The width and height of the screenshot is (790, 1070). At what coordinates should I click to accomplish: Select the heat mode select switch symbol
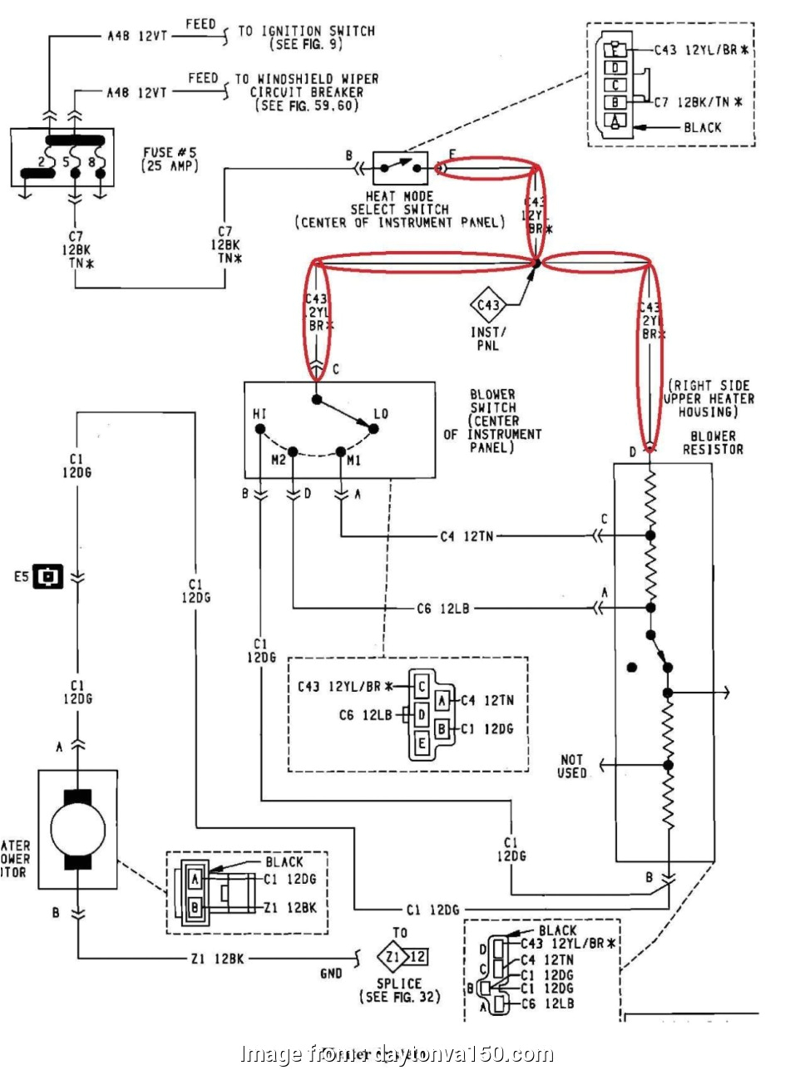400,169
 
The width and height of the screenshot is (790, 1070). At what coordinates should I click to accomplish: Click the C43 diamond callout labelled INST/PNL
489,305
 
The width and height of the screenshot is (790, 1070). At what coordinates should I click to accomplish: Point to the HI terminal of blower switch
260,428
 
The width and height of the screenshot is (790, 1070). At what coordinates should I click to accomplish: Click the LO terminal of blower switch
373,428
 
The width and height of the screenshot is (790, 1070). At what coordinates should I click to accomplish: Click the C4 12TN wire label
467,537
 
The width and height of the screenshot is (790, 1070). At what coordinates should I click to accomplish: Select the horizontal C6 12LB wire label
444,609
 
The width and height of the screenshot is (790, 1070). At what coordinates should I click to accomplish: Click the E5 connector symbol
48,575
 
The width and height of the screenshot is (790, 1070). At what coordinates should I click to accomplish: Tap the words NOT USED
572,767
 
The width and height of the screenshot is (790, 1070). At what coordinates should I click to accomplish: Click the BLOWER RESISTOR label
713,442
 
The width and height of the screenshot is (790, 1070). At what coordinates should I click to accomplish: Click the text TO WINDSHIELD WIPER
306,79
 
